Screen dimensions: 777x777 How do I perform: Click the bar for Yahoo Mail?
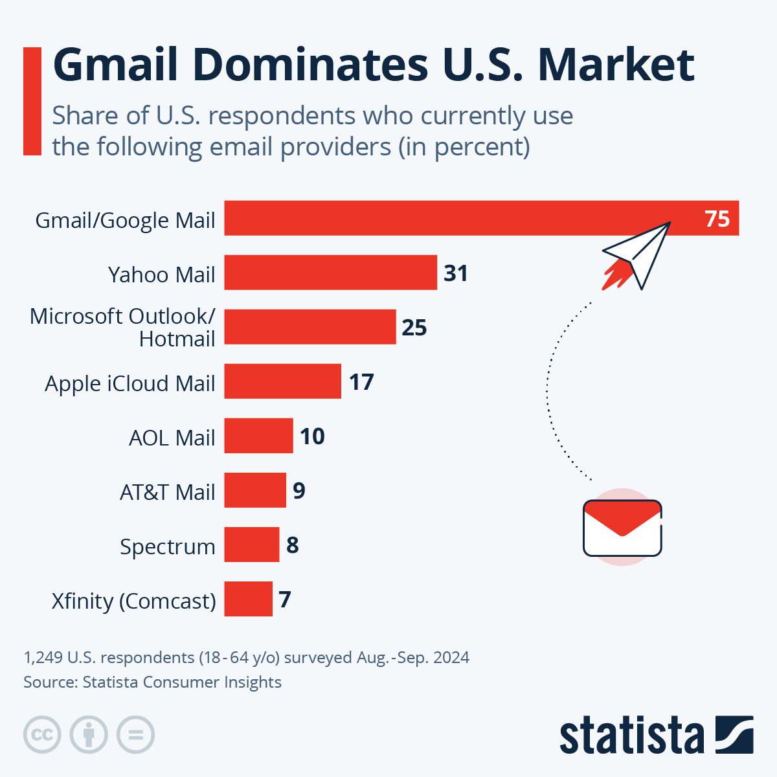coord(330,273)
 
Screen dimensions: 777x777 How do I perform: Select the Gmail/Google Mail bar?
coord(453,218)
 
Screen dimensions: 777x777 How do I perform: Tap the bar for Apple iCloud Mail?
coord(282,381)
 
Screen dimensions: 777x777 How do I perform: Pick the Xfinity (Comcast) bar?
coord(248,599)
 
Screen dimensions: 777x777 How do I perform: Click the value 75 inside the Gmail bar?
coord(717,219)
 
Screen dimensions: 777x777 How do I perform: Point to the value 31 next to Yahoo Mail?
coord(456,273)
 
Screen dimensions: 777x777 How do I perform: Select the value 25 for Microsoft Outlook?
coord(414,328)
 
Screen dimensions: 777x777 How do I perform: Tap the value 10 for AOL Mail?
coord(312,436)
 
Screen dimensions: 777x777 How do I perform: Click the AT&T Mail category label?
coord(167,492)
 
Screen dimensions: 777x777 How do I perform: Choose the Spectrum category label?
coord(167,546)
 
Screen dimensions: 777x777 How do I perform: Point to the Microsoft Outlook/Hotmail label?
coord(123,327)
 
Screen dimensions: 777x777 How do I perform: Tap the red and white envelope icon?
coord(622,528)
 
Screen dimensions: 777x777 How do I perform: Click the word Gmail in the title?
coord(115,65)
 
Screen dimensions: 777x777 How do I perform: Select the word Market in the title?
coord(616,65)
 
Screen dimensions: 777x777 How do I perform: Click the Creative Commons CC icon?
coord(42,735)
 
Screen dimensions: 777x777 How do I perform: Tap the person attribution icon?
coord(89,735)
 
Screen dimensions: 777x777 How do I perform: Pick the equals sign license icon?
coord(135,735)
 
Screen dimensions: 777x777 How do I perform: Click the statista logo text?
coord(631,736)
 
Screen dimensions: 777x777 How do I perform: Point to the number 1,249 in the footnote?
coord(43,657)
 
